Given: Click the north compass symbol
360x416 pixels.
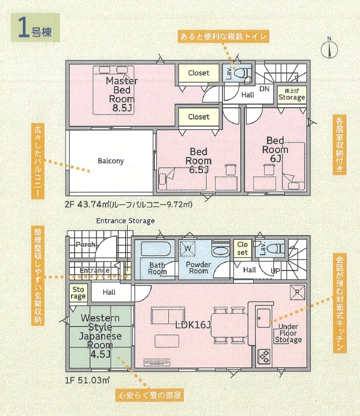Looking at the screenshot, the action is coord(330,49).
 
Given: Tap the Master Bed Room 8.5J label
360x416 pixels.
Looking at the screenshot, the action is coord(122,94).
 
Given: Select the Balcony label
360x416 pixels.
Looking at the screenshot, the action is coord(111,161).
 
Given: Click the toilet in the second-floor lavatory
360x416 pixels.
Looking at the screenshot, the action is coord(243,72).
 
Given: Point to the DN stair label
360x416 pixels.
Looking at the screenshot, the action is coord(264,89).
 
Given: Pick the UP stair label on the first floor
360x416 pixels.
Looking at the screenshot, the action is coord(276,271).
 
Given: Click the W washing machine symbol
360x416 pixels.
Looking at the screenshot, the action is coord(188,249).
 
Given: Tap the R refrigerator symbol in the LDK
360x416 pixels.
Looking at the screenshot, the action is coord(297,292).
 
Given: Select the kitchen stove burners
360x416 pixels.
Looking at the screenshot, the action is coord(264,356).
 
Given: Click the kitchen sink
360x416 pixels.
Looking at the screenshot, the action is coord(264,318).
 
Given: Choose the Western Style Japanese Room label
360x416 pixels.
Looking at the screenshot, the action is coord(100,336).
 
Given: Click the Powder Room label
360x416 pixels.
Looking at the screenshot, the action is coord(199,268).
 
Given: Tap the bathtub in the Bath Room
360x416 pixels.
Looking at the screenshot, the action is coord(155,249).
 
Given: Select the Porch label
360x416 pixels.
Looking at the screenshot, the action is coord(86,244).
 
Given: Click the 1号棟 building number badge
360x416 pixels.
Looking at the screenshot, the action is coord(35,28).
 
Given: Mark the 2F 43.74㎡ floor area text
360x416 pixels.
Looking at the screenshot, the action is coord(128,204).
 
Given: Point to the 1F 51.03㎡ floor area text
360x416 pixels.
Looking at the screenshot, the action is coord(87,380).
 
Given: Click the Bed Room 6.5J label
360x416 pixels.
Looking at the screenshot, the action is coord(199,160).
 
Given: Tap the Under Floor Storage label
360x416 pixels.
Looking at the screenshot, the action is coord(288,333).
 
